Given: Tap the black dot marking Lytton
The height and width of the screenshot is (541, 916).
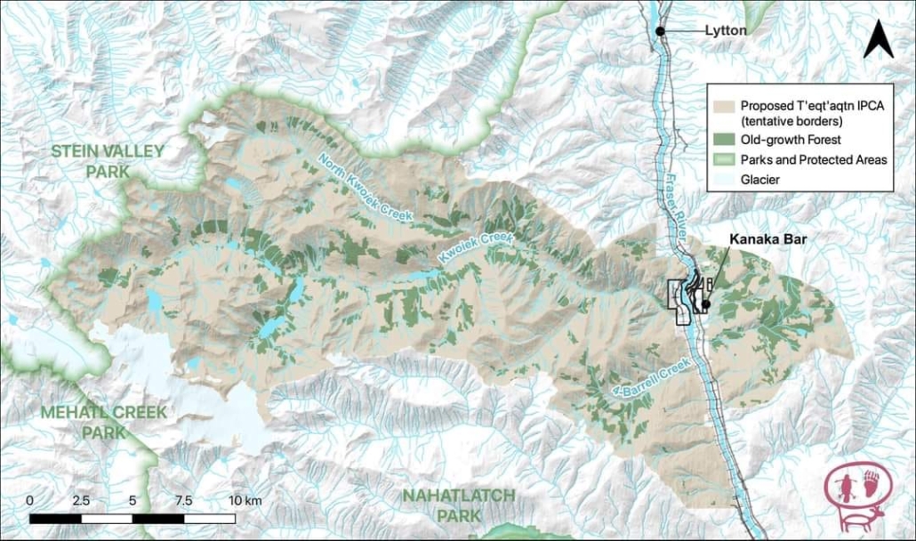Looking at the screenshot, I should click(660, 31).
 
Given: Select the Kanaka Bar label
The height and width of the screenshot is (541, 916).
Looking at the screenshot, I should click(762, 239).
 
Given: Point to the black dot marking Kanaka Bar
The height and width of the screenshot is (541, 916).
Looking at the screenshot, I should click(704, 304).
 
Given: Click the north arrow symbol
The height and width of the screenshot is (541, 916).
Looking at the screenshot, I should click(879, 39).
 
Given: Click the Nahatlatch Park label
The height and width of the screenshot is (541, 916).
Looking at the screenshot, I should click(454, 504).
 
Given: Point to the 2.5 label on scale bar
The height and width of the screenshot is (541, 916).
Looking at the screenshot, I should click(81, 501).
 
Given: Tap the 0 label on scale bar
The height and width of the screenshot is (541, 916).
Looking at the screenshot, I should click(30, 501).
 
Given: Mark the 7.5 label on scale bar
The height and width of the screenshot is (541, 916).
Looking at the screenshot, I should click(184, 501).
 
